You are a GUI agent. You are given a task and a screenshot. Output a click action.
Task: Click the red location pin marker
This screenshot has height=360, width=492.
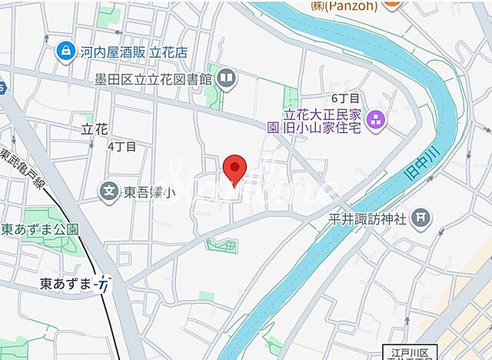(234, 168)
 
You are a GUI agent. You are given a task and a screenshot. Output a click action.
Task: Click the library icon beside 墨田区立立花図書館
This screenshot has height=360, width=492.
(227, 77)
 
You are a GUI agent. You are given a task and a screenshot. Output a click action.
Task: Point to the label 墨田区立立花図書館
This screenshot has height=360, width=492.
(155, 78)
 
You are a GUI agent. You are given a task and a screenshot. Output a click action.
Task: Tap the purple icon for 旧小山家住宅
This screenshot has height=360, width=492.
(376, 119)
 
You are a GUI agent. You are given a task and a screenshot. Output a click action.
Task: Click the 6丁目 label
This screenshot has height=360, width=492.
(346, 99)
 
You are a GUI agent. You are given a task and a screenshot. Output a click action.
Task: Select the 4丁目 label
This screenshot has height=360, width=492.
(121, 145)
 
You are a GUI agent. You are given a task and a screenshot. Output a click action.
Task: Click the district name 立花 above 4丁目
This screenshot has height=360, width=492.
(95, 128)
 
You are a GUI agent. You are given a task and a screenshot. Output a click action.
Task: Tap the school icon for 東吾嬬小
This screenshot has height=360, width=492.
(110, 189)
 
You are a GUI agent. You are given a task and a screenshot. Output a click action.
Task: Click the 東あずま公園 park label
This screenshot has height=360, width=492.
(40, 229)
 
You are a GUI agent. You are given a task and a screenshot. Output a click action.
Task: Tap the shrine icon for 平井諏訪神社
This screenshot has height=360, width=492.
(421, 218)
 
